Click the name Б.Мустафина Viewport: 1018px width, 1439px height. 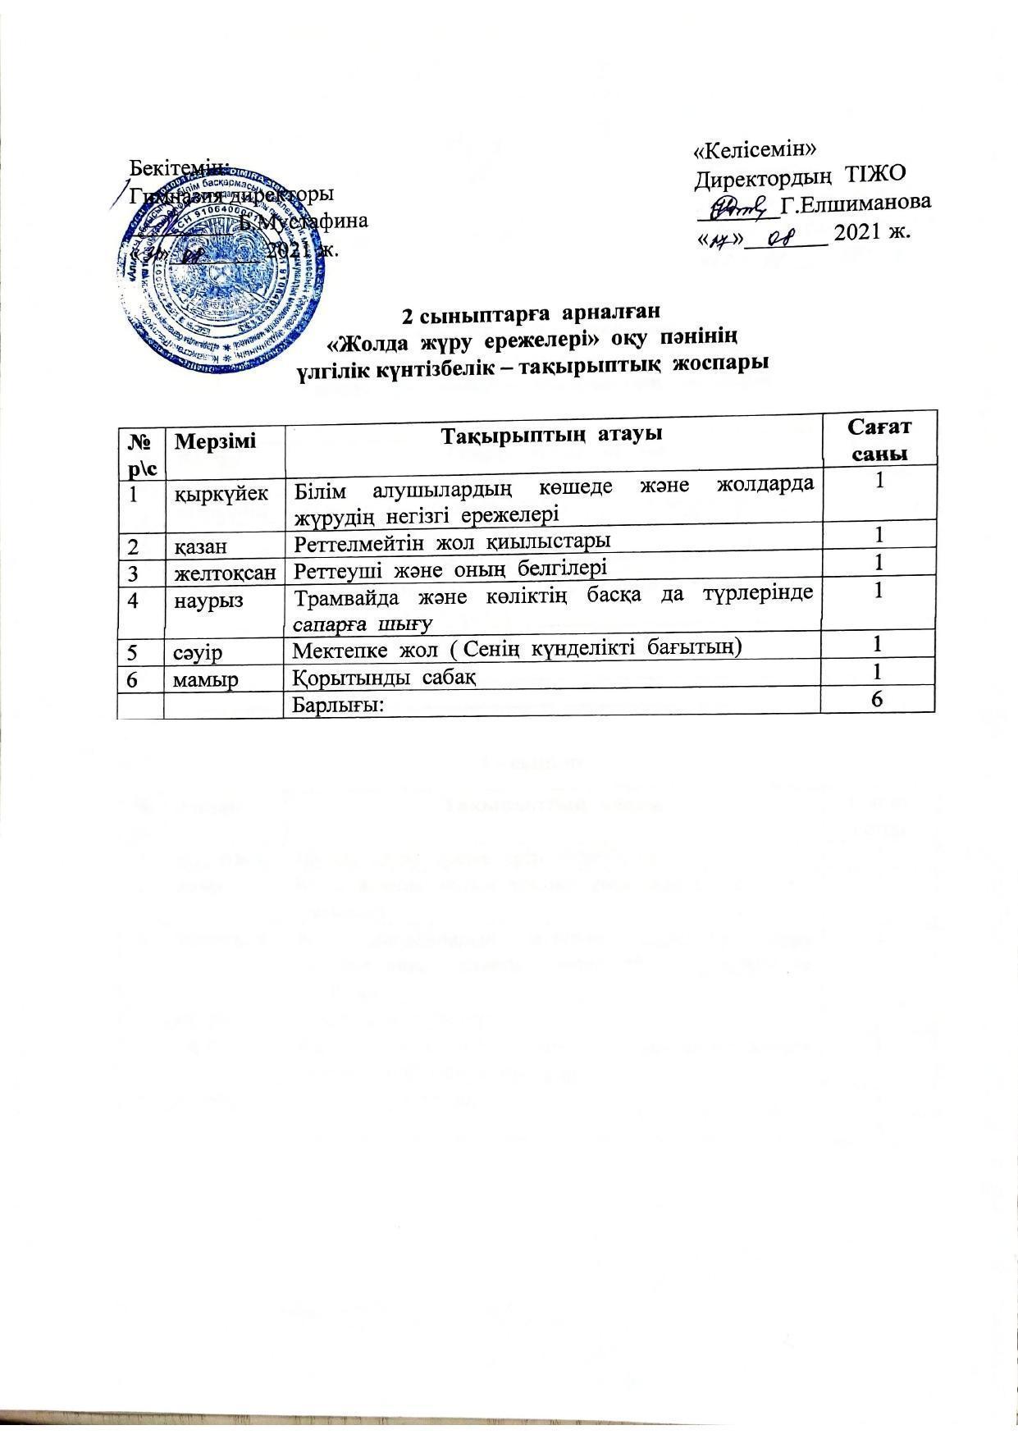304,222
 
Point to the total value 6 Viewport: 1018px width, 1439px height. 877,698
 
